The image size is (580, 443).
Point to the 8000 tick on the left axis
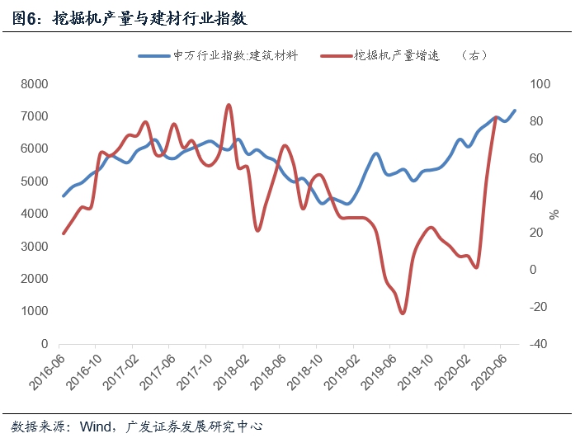[34, 84]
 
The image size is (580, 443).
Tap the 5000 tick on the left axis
[34, 181]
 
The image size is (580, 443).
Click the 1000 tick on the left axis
[34, 311]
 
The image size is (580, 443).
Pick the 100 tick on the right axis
[539, 84]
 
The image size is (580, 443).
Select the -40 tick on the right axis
[539, 344]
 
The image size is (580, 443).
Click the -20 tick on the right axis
[539, 307]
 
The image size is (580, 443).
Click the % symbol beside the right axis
[554, 214]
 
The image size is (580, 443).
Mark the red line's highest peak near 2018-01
[229, 105]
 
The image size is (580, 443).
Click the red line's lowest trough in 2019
[403, 313]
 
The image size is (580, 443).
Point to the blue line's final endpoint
[515, 111]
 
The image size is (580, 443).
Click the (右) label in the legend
[476, 55]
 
